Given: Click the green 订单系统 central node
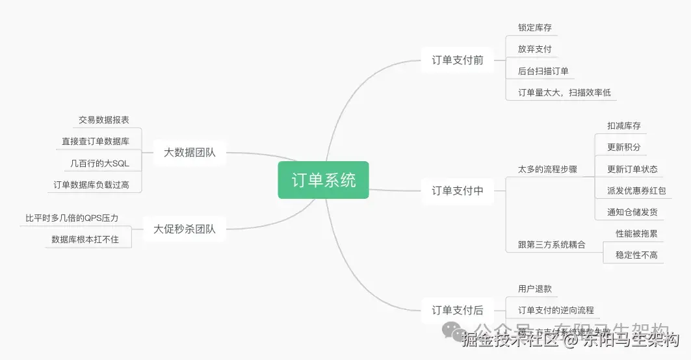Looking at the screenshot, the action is (323, 180).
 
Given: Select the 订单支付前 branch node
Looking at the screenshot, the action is (458, 60).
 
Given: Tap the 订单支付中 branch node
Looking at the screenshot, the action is (458, 191).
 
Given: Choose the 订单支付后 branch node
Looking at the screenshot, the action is (458, 311).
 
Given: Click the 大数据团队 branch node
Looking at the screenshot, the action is (190, 153).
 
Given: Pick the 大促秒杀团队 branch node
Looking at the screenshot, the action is (185, 229).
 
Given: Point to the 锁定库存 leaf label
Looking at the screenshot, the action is (534, 28).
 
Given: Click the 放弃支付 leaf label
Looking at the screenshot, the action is (534, 49).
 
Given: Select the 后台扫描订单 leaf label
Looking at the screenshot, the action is (543, 71).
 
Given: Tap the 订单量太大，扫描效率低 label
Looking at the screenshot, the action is (564, 92).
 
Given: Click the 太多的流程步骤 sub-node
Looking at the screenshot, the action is (547, 169).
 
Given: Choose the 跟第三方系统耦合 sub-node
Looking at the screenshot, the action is (551, 245).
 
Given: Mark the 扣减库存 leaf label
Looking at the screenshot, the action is (623, 125).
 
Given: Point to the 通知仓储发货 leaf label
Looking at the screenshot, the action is (632, 212).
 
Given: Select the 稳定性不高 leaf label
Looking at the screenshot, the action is (636, 255).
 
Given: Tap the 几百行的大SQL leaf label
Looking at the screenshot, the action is (100, 163).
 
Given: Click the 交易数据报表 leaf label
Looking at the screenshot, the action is (104, 120).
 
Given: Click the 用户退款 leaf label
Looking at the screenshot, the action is (534, 289).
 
